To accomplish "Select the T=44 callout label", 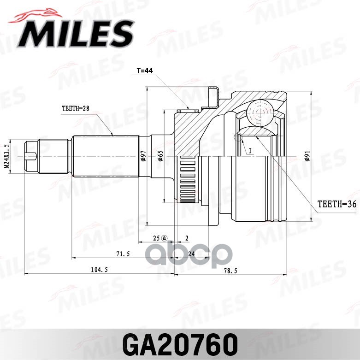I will [144, 71].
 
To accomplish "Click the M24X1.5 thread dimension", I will [7, 156].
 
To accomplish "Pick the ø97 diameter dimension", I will [143, 157].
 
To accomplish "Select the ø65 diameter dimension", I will [160, 157].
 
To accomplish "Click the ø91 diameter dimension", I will [307, 157].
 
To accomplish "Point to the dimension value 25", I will [157, 238].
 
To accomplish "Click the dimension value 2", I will [187, 238].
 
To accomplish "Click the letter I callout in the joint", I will [249, 151].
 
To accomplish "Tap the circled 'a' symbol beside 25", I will [165, 238].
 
